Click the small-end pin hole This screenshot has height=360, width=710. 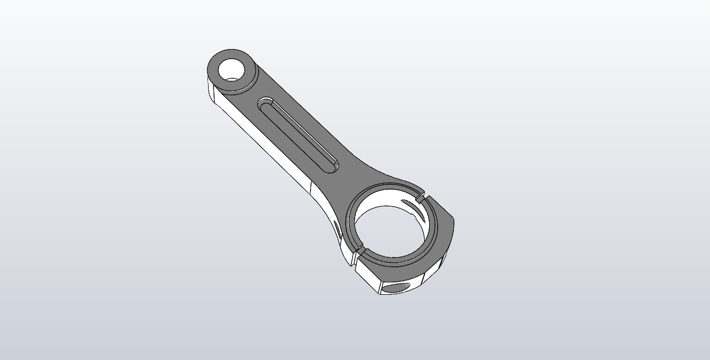(x=232, y=69)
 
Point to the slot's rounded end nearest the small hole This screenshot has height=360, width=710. (x=265, y=102)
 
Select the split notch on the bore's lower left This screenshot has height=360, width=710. (x=355, y=250)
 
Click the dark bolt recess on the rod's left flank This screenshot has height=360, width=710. (x=337, y=229)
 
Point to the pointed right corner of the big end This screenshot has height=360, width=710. (x=453, y=222)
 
